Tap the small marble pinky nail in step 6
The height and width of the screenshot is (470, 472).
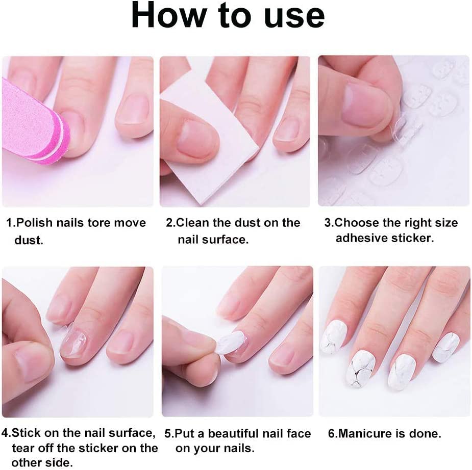(445, 347)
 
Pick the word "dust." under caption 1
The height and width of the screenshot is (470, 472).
(29, 240)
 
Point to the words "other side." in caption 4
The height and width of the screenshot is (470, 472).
(42, 462)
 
